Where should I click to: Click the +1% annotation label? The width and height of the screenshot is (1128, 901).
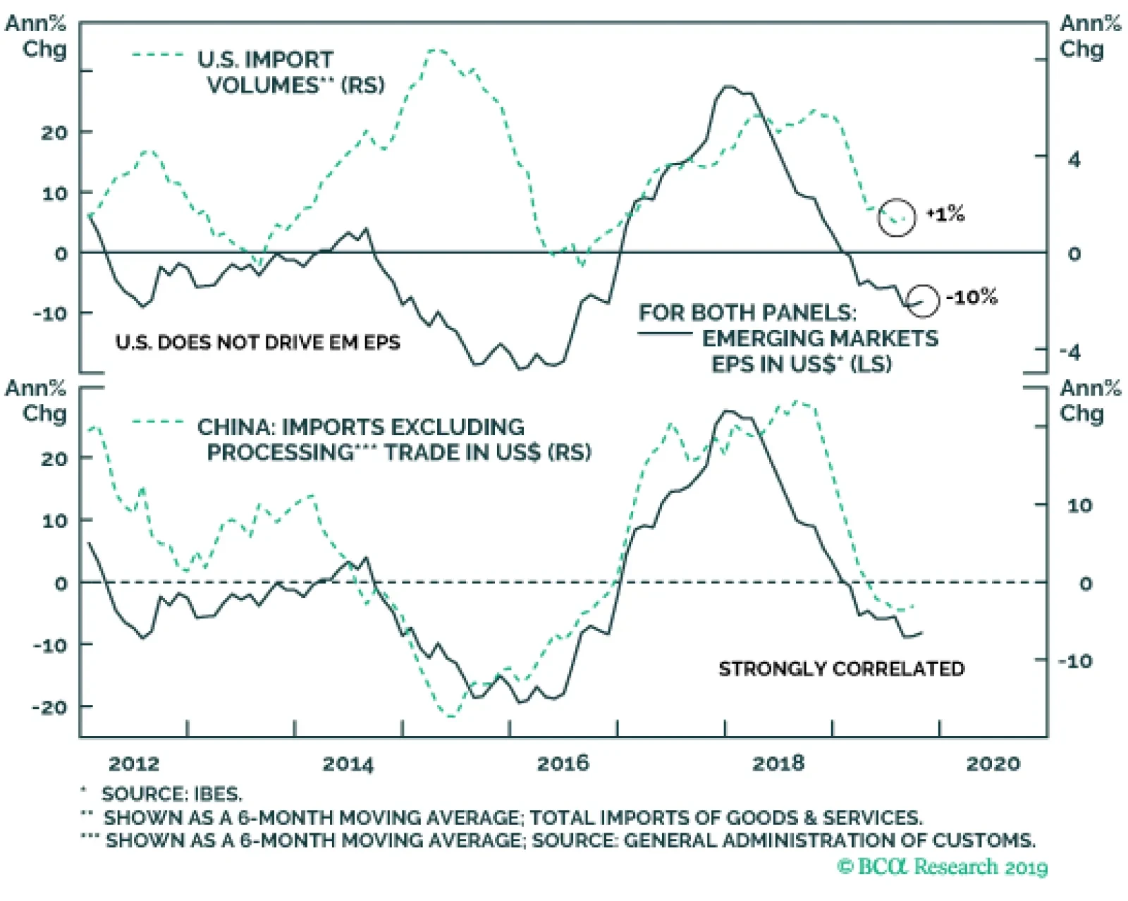click(x=945, y=214)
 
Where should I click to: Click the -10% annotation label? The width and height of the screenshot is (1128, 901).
click(x=971, y=297)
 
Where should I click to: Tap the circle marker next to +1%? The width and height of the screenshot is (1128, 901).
click(x=897, y=217)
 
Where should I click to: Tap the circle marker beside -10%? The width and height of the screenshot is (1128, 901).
click(x=921, y=300)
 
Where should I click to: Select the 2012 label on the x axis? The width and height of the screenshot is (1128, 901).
click(x=134, y=764)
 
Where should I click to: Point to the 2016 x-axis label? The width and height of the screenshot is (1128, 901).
click(x=563, y=764)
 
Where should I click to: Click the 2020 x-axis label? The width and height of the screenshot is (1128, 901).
click(x=993, y=764)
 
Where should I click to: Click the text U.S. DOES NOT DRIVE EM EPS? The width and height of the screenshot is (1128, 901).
click(x=258, y=343)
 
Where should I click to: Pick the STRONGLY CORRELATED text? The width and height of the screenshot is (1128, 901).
click(x=841, y=668)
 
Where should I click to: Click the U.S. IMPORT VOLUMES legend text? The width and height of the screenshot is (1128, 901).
click(x=290, y=73)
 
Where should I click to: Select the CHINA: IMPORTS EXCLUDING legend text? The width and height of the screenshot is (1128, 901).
click(x=361, y=427)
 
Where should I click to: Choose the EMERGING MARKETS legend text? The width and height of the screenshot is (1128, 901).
click(x=820, y=338)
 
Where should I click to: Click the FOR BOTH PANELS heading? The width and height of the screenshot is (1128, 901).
click(x=747, y=312)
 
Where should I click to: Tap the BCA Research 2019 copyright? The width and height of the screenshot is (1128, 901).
click(x=943, y=866)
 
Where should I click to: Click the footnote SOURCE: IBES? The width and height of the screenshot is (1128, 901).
click(x=171, y=794)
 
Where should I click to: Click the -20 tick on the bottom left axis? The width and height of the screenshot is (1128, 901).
click(x=51, y=707)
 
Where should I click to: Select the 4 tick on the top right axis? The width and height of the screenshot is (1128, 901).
click(x=1074, y=160)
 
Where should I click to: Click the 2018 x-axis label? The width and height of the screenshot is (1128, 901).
click(x=778, y=764)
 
